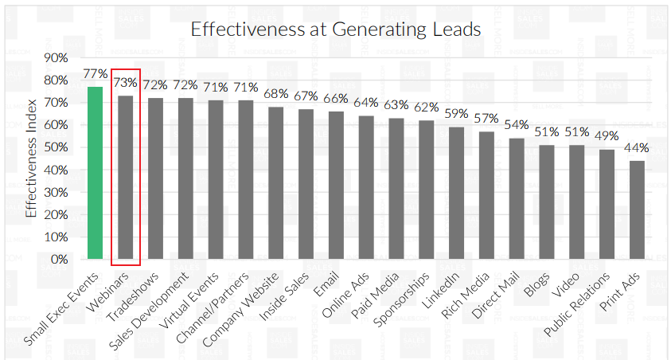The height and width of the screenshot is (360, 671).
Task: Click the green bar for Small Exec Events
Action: pyautogui.click(x=95, y=173)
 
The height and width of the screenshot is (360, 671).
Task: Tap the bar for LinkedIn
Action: pyautogui.click(x=456, y=193)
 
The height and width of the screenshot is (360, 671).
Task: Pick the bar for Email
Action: pyautogui.click(x=336, y=185)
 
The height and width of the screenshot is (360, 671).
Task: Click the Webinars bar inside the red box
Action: pyautogui.click(x=125, y=177)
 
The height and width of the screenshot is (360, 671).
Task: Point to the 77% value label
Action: pyautogui.click(x=95, y=74)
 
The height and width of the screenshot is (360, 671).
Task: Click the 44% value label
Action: pyautogui.click(x=637, y=148)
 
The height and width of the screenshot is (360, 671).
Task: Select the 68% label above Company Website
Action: pyautogui.click(x=276, y=94)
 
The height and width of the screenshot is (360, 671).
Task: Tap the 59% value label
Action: pyautogui.click(x=456, y=114)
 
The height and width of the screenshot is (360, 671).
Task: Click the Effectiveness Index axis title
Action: pyautogui.click(x=31, y=158)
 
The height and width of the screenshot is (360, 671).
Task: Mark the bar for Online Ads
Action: pyautogui.click(x=366, y=187)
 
